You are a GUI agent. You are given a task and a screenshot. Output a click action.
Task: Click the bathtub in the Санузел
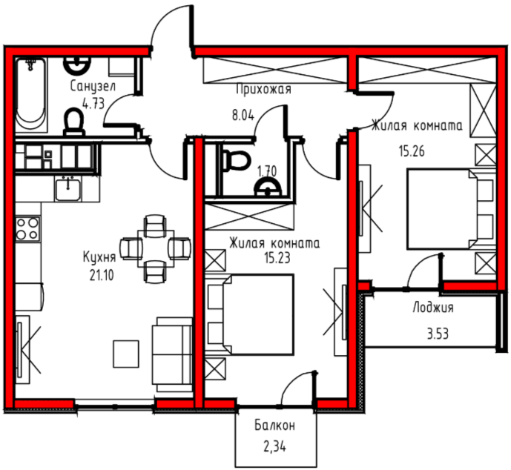(x=31, y=94)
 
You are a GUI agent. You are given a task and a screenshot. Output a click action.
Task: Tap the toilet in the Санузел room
(x=74, y=122)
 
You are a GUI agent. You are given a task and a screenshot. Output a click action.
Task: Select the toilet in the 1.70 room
(x=237, y=160)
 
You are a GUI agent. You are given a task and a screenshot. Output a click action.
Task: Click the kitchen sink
(x=67, y=189)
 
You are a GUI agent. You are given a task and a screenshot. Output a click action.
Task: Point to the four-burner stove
(x=27, y=228)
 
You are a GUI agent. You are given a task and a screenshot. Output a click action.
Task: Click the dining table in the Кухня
(x=156, y=248)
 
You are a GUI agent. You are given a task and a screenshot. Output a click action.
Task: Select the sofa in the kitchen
(x=172, y=354)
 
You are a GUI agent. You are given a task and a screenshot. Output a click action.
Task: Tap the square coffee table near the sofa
(x=126, y=354)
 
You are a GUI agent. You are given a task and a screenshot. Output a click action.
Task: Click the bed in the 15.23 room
(x=250, y=314)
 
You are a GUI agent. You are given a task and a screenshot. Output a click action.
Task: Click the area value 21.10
(x=102, y=276)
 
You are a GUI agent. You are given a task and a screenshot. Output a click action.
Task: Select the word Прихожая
(x=263, y=89)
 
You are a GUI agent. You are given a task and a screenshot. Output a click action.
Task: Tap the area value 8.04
(x=243, y=116)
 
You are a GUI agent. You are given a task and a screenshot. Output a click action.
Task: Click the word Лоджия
(x=433, y=308)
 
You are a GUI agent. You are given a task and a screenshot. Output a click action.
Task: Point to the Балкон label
(x=274, y=426)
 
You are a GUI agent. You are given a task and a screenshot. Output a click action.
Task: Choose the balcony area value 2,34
(x=274, y=447)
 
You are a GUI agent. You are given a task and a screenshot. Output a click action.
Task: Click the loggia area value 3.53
(x=438, y=334)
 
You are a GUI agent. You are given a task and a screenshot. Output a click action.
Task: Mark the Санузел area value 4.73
(x=93, y=105)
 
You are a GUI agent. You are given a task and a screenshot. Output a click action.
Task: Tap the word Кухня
(x=99, y=257)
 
